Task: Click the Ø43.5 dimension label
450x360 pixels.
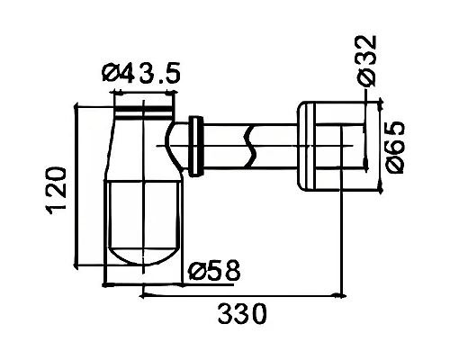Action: pyautogui.click(x=141, y=73)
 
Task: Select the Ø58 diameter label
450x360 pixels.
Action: pyautogui.click(x=214, y=270)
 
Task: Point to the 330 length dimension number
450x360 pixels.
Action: pyautogui.click(x=242, y=313)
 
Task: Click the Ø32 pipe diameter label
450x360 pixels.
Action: pyautogui.click(x=366, y=61)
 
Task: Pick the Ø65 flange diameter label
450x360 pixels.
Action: pyautogui.click(x=395, y=148)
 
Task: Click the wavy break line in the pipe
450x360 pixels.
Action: pyautogui.click(x=251, y=147)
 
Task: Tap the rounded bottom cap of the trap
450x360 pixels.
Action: pyautogui.click(x=144, y=256)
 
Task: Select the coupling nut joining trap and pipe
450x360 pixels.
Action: pyautogui.click(x=195, y=146)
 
